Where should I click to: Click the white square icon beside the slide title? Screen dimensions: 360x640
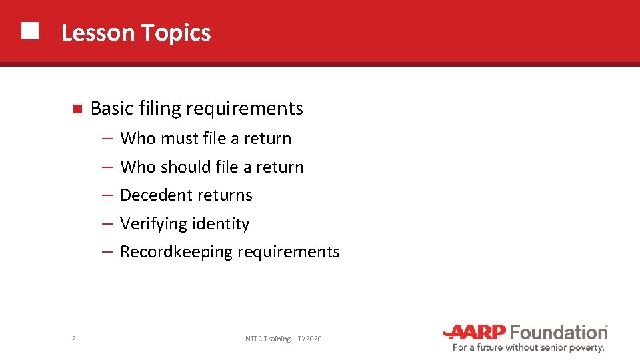[x=29, y=31]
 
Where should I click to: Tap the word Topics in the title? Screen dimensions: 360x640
[x=176, y=33]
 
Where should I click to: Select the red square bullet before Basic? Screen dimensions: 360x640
[x=77, y=109]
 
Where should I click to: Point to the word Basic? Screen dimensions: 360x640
[x=112, y=108]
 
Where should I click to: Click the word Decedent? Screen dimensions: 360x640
[x=153, y=195]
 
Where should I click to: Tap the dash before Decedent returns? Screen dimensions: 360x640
[x=107, y=195]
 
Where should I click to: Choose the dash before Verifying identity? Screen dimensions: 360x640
[x=107, y=224]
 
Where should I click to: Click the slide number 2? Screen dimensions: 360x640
[x=73, y=339]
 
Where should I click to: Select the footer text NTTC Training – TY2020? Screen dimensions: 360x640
[x=283, y=339]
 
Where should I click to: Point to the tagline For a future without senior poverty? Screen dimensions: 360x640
[x=528, y=347]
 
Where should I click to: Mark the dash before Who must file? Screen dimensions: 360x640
[x=107, y=139]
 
